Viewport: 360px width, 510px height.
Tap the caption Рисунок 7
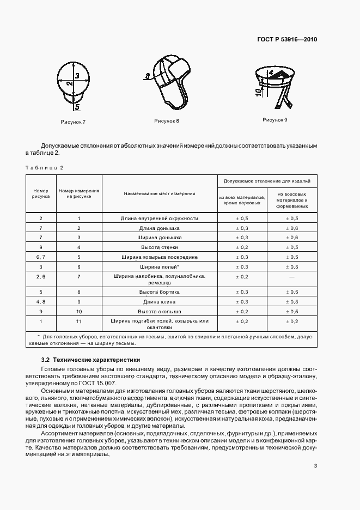(74, 122)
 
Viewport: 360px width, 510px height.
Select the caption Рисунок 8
(167, 120)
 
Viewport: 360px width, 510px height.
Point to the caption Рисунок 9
(274, 119)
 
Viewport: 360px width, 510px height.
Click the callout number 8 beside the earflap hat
(148, 76)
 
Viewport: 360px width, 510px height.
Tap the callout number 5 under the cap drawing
(77, 107)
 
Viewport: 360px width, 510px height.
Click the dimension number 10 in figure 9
(258, 92)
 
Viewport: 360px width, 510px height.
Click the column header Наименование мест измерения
(160, 193)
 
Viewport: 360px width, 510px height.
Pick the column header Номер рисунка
(41, 193)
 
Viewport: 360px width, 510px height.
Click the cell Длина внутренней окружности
(160, 218)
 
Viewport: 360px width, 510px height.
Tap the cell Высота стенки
(160, 247)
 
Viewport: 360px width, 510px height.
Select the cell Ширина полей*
(160, 266)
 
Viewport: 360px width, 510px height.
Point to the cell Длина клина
(160, 301)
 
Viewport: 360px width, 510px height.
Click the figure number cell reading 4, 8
(41, 301)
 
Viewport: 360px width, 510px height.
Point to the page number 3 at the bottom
(316, 465)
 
